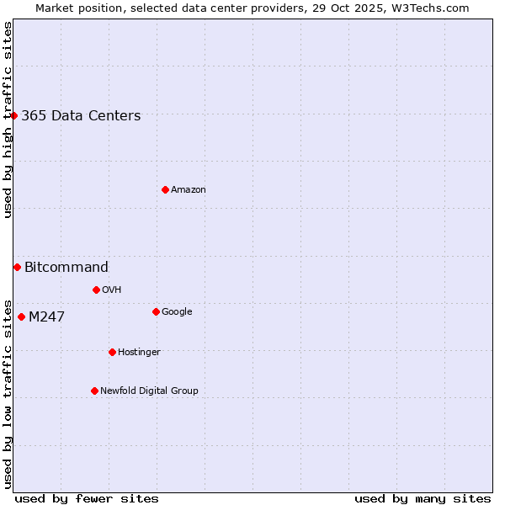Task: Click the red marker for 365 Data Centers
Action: click(x=14, y=115)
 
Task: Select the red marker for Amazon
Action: click(x=165, y=189)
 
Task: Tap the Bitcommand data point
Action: click(x=17, y=267)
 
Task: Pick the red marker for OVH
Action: click(x=96, y=290)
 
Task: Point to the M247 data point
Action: click(x=21, y=316)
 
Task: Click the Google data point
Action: click(x=156, y=311)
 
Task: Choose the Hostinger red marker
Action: click(x=112, y=352)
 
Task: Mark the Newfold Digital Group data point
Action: click(x=94, y=391)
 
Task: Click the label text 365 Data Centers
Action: click(x=81, y=116)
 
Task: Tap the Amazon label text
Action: click(x=189, y=190)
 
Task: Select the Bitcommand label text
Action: click(x=66, y=268)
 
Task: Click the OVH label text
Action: click(x=112, y=290)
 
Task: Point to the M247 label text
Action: click(x=46, y=317)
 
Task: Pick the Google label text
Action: click(x=177, y=312)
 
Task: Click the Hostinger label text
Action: click(x=139, y=353)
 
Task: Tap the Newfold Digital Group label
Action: click(x=149, y=391)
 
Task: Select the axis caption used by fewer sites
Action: click(x=87, y=498)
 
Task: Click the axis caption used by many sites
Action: click(x=423, y=498)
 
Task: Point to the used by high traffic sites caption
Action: click(x=8, y=120)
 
